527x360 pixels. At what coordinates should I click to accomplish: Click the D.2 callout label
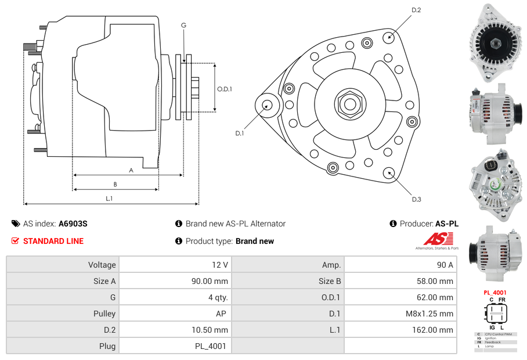pos(416,10)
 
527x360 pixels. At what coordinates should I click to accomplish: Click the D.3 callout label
pos(416,199)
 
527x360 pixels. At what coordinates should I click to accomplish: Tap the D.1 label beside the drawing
pos(239,133)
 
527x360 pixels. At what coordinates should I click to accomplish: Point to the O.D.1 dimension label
pos(225,89)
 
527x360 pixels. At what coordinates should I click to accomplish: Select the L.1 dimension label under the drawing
pos(109,199)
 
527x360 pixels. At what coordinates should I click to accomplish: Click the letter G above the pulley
pos(183,25)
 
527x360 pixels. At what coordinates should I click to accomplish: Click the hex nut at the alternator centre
pos(349,104)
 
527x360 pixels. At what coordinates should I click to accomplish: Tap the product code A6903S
pos(73,224)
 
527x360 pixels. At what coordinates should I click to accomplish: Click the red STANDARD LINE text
pos(53,241)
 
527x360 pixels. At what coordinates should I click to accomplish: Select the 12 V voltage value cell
pos(174,265)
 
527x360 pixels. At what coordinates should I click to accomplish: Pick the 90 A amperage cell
pos(400,265)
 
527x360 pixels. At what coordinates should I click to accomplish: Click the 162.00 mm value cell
pos(400,330)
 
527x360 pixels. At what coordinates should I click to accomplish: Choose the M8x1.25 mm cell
pos(400,314)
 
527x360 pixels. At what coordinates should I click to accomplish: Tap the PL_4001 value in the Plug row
pos(174,346)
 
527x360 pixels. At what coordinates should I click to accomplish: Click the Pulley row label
pos(63,314)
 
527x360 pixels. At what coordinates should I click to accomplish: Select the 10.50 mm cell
pos(174,330)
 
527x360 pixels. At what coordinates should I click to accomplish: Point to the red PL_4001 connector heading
pos(494,293)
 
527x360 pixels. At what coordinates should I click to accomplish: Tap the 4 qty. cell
pos(174,297)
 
